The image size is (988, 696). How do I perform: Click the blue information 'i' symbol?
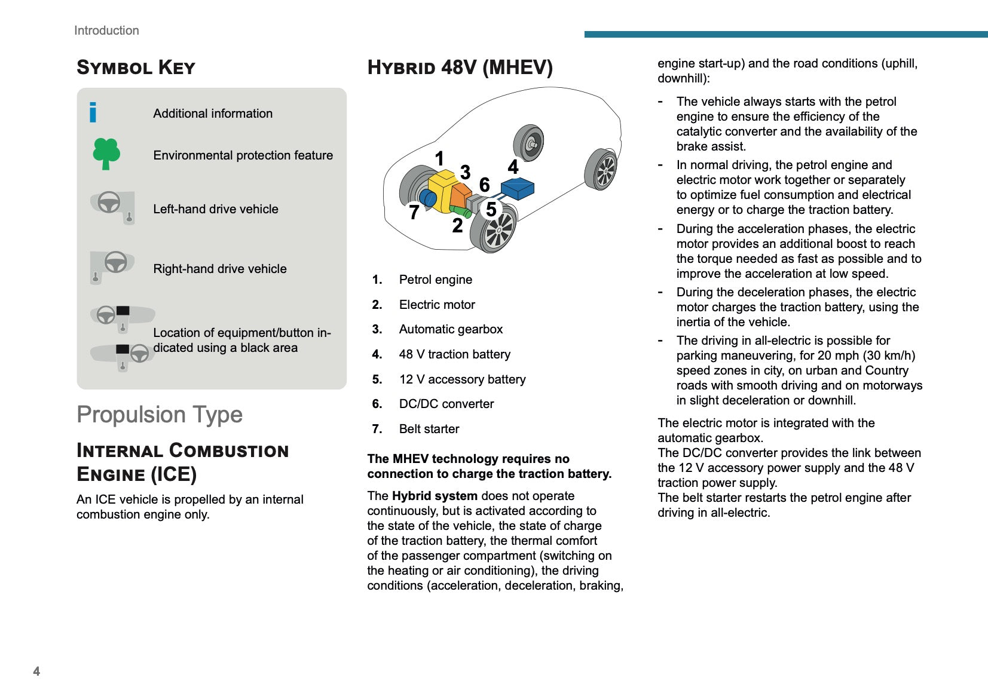[93, 112]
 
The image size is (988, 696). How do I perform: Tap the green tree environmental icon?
[106, 154]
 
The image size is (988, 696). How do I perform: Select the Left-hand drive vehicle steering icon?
[112, 206]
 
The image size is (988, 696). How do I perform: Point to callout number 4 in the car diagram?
[513, 167]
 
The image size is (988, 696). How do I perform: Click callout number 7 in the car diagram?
[414, 212]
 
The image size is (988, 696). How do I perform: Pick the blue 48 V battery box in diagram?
[517, 188]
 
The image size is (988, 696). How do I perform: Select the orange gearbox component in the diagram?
[460, 196]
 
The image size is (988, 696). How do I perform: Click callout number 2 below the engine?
[457, 226]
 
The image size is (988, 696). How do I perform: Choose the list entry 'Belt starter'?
[429, 429]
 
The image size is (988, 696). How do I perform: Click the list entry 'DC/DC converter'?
[446, 404]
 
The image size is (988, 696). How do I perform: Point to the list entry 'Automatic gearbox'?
[451, 329]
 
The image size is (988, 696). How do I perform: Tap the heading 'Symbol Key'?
[136, 68]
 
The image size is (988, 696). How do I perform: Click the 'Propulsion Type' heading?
[160, 415]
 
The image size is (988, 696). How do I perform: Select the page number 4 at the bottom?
[36, 672]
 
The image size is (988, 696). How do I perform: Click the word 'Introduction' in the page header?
[106, 30]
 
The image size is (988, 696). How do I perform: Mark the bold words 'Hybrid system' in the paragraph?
[435, 496]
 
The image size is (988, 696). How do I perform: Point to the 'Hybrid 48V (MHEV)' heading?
[460, 68]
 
